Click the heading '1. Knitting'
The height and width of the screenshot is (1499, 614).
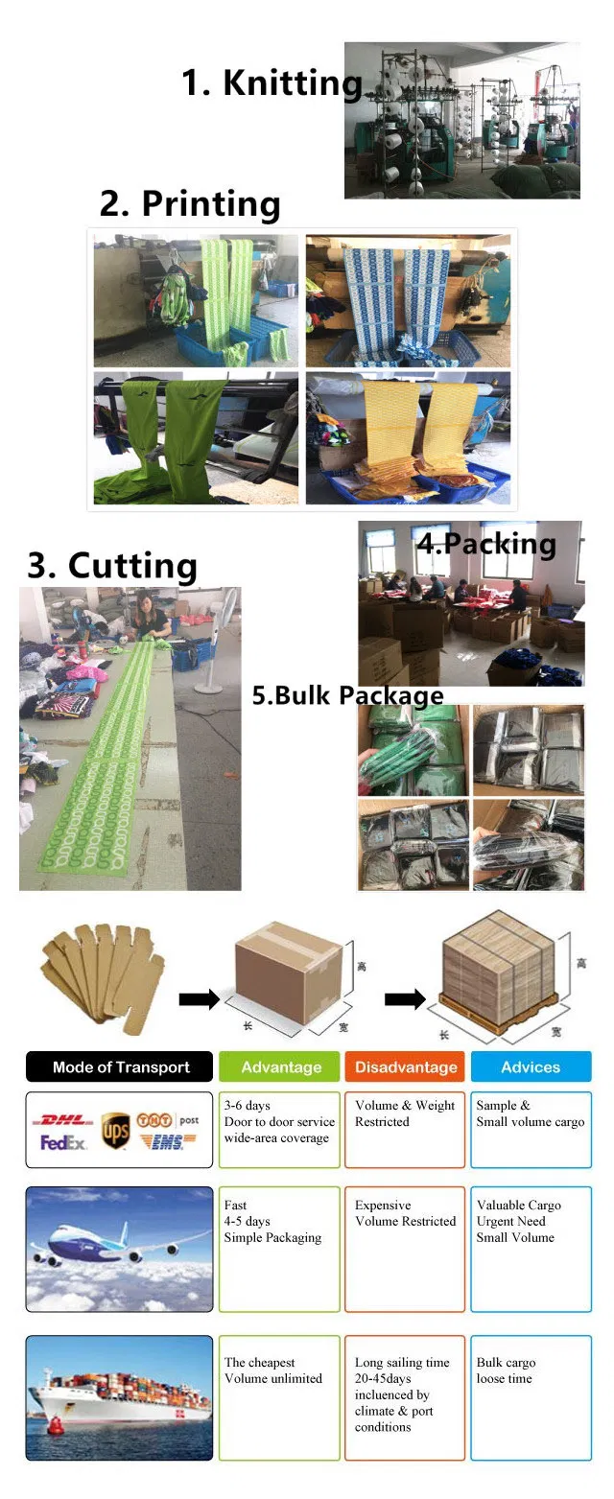[x=272, y=83]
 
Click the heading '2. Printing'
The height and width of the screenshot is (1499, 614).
[x=190, y=204]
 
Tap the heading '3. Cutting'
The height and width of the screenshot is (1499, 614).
[x=111, y=565]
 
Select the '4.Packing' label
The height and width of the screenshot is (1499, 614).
[x=485, y=544]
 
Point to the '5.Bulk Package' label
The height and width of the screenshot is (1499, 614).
[x=347, y=695]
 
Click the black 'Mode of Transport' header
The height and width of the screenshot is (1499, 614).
[x=120, y=1066]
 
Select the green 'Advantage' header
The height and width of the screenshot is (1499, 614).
[x=280, y=1066]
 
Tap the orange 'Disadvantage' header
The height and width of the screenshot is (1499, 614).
[x=405, y=1066]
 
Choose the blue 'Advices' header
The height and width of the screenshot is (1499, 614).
[x=530, y=1066]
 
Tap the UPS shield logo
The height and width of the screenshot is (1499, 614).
[x=115, y=1129]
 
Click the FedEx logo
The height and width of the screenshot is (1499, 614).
[x=64, y=1143]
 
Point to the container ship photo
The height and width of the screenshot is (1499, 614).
[x=119, y=1398]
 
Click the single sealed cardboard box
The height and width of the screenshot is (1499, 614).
[x=288, y=972]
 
